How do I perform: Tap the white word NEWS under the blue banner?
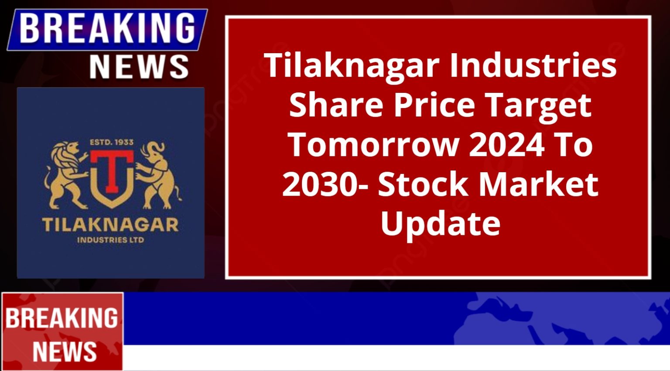point(139,67)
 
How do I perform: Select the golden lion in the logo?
point(66,175)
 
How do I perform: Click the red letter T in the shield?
point(112,172)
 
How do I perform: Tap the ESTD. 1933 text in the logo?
point(112,142)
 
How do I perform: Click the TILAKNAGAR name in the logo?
point(110,225)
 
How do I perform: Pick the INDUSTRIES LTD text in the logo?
point(111,240)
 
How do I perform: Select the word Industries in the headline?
point(533,65)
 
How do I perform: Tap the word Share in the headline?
point(336,105)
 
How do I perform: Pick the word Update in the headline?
point(440,225)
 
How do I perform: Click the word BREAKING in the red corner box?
point(62,318)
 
